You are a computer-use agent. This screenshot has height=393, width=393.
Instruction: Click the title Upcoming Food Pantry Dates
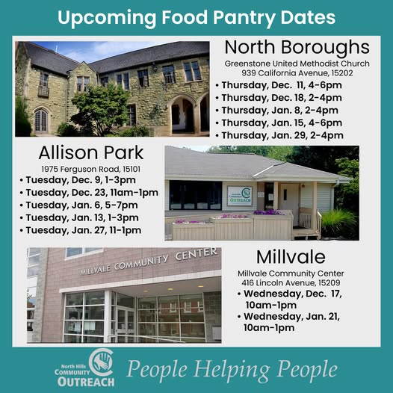[x=196, y=17]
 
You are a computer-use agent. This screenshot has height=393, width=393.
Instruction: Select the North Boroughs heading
[x=297, y=46]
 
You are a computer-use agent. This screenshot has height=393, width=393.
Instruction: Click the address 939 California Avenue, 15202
[x=292, y=73]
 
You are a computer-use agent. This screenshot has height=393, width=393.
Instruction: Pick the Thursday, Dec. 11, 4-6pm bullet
[x=279, y=85]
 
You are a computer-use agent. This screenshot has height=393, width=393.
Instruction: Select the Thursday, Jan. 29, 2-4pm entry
[x=279, y=135]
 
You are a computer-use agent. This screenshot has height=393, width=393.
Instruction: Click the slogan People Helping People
[x=232, y=369]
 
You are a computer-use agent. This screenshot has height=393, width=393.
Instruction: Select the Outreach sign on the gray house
[x=239, y=195]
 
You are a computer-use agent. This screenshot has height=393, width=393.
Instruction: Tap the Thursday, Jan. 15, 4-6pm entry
[x=279, y=123]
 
